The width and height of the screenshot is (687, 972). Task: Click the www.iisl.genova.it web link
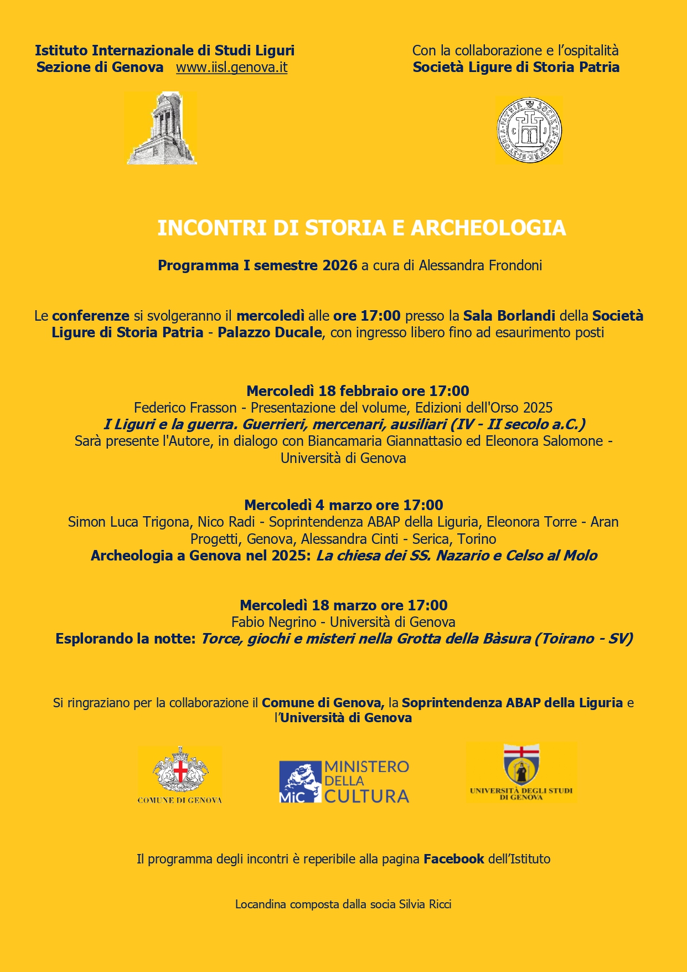(x=231, y=68)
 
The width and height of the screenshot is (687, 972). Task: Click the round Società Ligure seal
(x=529, y=130)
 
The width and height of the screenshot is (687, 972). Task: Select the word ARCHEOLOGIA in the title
(x=488, y=228)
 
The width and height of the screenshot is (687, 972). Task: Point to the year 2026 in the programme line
(x=340, y=265)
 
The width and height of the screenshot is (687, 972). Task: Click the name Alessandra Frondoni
(x=480, y=265)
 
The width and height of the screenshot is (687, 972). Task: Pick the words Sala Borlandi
(x=509, y=316)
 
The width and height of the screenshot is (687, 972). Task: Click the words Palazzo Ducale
(x=270, y=332)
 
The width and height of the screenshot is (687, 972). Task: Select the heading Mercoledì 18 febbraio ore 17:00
(x=358, y=391)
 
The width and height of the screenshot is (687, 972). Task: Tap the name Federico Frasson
(x=185, y=408)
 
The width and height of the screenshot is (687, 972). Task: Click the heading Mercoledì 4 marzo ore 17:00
(x=343, y=505)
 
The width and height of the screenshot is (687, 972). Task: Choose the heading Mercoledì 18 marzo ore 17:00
(x=343, y=605)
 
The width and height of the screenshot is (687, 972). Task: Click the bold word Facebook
(x=453, y=859)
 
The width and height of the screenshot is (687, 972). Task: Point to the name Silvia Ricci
(x=425, y=904)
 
